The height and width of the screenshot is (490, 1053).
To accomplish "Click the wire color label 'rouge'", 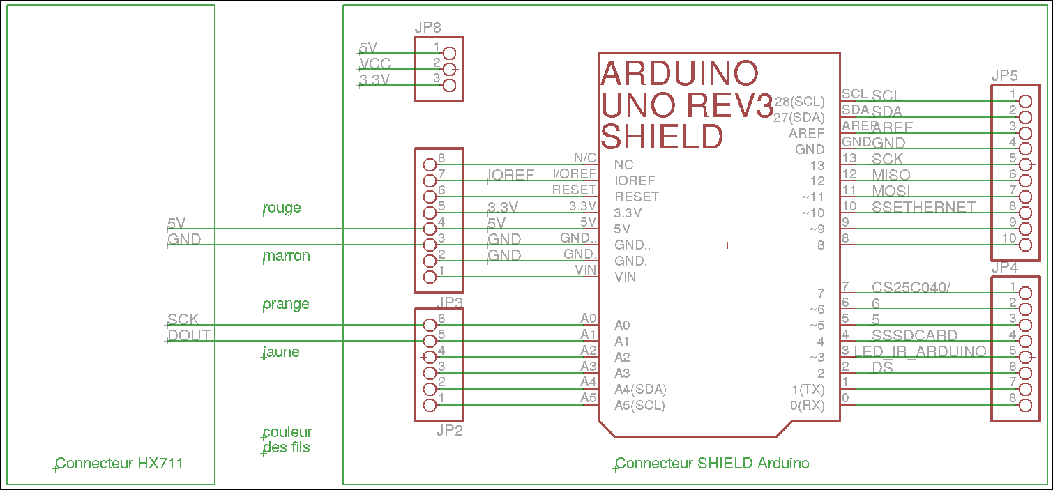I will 282,208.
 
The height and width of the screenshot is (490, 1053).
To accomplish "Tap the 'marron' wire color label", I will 286,256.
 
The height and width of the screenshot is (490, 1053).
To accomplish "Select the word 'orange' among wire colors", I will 286,304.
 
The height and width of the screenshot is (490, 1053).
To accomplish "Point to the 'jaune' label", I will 282,352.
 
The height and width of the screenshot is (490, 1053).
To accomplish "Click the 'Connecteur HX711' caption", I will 119,463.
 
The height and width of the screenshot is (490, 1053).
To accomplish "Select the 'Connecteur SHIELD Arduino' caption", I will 712,463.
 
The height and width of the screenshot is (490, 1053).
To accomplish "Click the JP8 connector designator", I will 427,28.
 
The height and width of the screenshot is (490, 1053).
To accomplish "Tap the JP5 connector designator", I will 1004,75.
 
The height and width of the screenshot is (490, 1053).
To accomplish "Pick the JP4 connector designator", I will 1004,268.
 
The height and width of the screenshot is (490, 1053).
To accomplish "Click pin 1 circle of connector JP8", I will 449,53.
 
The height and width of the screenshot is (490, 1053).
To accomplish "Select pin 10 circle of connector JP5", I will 1024,245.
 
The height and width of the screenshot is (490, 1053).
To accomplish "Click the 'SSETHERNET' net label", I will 923,207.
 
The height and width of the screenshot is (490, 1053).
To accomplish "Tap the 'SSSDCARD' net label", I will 915,335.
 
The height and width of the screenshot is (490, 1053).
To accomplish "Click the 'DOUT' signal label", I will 188,335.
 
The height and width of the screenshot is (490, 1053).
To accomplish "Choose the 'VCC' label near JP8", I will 374,64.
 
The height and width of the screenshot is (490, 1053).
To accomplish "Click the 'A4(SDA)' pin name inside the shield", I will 645,389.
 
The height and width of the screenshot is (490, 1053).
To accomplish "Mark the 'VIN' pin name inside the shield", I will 625,277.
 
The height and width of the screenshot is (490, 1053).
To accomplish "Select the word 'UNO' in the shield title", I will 639,105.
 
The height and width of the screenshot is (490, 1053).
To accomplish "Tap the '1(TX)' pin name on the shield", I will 808,389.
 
